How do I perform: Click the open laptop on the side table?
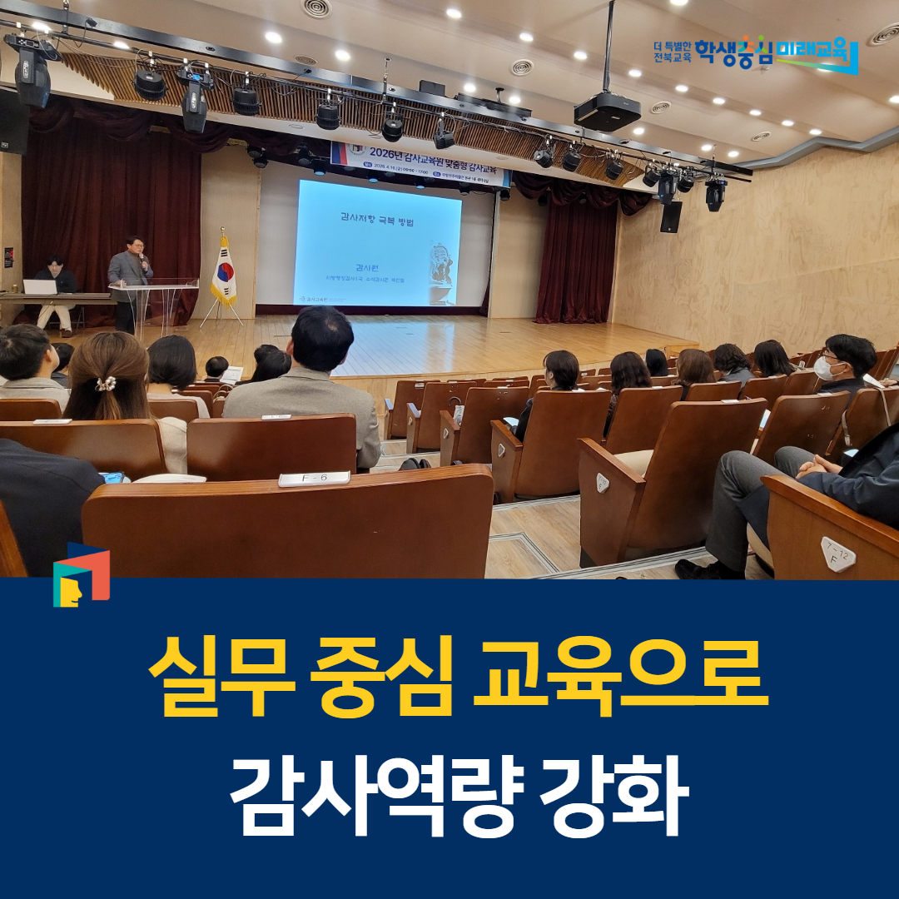click(x=40, y=287)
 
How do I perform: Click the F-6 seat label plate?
click(x=302, y=479)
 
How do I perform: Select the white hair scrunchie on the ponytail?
click(x=106, y=384)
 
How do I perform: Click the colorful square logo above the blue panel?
click(x=81, y=575)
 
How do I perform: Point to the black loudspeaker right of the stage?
click(x=670, y=217)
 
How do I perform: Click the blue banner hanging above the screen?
click(x=420, y=164)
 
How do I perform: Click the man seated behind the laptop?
click(x=57, y=287)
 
